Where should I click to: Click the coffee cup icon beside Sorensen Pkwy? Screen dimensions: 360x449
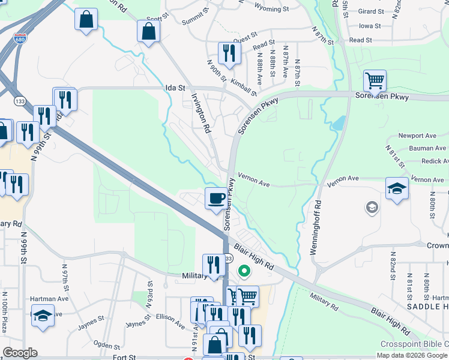pyautogui.click(x=216, y=198)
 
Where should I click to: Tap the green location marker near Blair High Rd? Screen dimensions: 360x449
pyautogui.click(x=244, y=271)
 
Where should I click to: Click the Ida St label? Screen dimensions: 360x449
pyautogui.click(x=175, y=88)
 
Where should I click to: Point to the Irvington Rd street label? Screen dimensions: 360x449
pyautogui.click(x=201, y=113)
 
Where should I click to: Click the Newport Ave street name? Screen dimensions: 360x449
pyautogui.click(x=417, y=136)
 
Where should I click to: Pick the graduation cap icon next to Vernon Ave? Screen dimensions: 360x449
pyautogui.click(x=397, y=188)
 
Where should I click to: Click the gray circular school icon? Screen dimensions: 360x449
pyautogui.click(x=372, y=208)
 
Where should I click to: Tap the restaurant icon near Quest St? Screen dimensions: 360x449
pyautogui.click(x=229, y=53)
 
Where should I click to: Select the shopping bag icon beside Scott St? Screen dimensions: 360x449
pyautogui.click(x=148, y=32)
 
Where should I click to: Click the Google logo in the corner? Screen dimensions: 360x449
pyautogui.click(x=20, y=353)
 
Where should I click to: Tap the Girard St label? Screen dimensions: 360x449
pyautogui.click(x=370, y=11)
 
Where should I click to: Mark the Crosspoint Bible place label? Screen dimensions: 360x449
pyautogui.click(x=414, y=344)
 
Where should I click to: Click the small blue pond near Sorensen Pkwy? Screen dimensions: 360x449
pyautogui.click(x=338, y=123)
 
